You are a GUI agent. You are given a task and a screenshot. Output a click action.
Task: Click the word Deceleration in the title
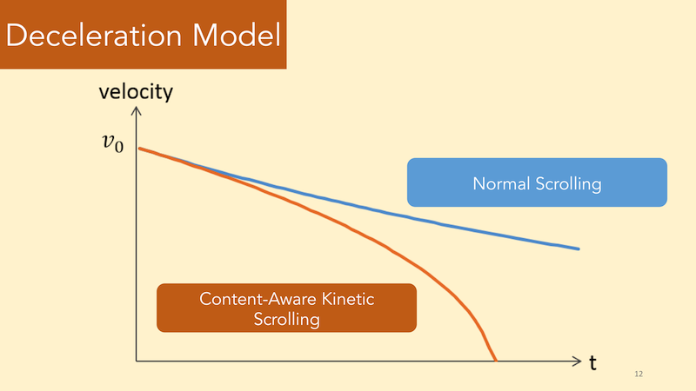pyautogui.click(x=94, y=35)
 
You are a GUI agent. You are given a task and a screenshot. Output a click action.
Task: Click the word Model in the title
pyautogui.click(x=237, y=35)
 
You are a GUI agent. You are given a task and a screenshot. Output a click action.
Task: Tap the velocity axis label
pyautogui.click(x=136, y=92)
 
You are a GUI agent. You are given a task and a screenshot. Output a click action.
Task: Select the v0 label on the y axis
pyautogui.click(x=113, y=143)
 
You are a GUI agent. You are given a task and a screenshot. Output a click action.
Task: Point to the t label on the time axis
pyautogui.click(x=592, y=362)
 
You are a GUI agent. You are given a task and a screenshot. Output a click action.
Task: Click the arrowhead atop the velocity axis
pyautogui.click(x=137, y=110)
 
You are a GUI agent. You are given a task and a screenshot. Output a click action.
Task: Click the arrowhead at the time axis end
pyautogui.click(x=578, y=361)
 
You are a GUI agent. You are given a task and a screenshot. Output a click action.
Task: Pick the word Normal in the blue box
pyautogui.click(x=501, y=183)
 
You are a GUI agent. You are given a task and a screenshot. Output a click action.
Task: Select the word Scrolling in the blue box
pyautogui.click(x=569, y=184)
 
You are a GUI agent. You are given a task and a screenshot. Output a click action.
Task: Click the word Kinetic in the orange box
pyautogui.click(x=348, y=299)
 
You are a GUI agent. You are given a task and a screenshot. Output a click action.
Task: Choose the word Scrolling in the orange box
pyautogui.click(x=287, y=320)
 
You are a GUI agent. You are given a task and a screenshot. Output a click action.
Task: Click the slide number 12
pyautogui.click(x=639, y=374)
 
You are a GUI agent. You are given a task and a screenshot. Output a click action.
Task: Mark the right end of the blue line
pyautogui.click(x=579, y=249)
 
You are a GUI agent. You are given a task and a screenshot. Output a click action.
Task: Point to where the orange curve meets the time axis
pyautogui.click(x=496, y=361)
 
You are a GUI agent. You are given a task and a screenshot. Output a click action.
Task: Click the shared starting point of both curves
pyautogui.click(x=140, y=149)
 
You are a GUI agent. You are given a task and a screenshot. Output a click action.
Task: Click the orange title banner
pyautogui.click(x=143, y=34)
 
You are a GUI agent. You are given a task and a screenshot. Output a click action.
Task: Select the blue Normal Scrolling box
pyautogui.click(x=537, y=182)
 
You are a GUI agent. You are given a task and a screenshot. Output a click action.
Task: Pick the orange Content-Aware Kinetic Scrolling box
pyautogui.click(x=287, y=308)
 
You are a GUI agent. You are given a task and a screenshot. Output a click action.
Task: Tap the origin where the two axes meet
pyautogui.click(x=137, y=361)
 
